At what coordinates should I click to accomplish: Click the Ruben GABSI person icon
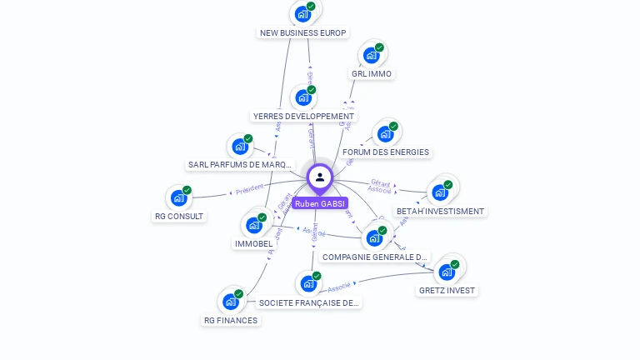click(320, 177)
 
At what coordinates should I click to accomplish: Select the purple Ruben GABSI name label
click(320, 203)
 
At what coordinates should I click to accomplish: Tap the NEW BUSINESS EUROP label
click(302, 32)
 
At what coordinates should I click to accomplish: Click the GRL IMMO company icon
click(372, 55)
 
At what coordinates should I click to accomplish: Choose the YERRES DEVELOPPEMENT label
click(303, 116)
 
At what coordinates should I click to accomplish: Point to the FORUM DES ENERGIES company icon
click(385, 133)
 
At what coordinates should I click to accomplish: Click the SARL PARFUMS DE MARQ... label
click(241, 164)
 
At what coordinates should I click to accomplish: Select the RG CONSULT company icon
click(178, 197)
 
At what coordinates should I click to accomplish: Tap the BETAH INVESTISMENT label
click(440, 211)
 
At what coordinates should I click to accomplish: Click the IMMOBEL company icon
click(254, 224)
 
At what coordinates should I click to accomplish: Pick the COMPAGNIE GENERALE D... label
click(375, 257)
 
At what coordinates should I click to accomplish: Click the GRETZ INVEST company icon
click(447, 272)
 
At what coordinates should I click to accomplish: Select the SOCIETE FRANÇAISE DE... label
click(309, 302)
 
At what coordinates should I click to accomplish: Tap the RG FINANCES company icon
click(230, 301)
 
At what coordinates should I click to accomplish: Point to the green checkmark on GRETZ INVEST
click(455, 264)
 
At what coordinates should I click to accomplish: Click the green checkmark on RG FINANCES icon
click(238, 293)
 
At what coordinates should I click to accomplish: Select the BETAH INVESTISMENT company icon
click(440, 192)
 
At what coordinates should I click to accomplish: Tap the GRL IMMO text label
click(372, 73)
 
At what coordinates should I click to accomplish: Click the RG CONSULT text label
click(179, 216)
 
